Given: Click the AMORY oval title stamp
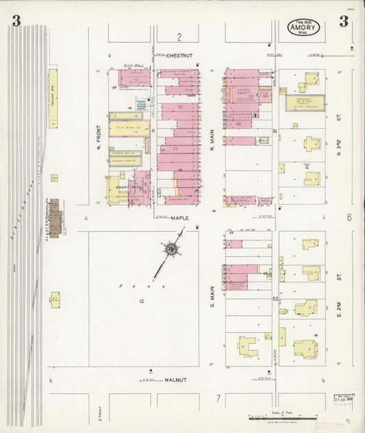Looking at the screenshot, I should [x=303, y=28].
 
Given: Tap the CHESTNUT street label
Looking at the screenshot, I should [x=180, y=55].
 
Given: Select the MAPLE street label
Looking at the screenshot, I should [x=179, y=218].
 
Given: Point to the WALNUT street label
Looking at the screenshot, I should [x=176, y=379].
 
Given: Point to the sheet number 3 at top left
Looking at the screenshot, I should [x=15, y=22].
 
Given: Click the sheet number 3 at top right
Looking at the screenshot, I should [x=343, y=22].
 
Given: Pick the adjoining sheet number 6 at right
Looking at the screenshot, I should [x=349, y=217].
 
